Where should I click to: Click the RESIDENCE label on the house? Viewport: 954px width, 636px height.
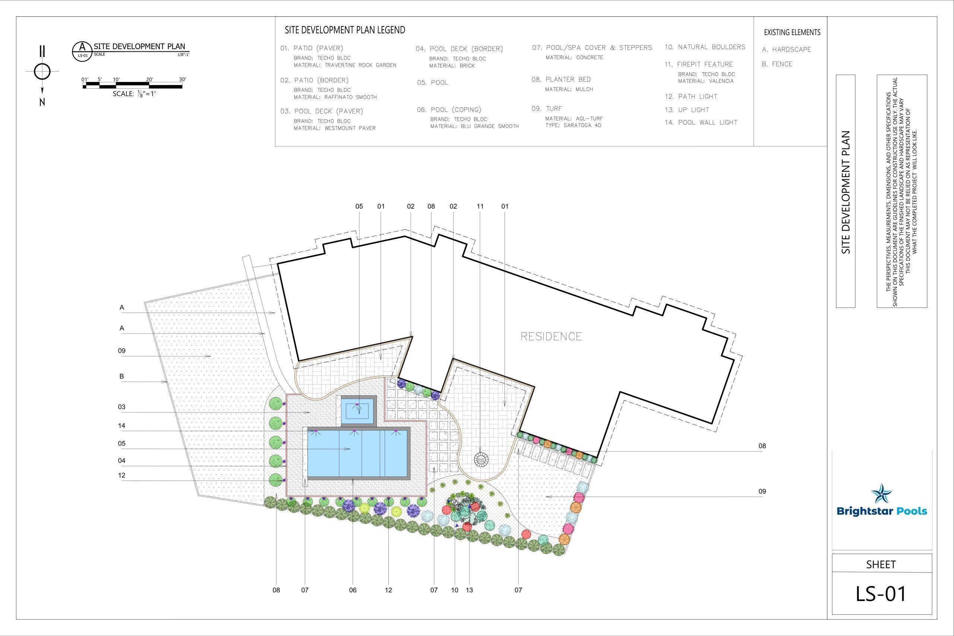[551, 336]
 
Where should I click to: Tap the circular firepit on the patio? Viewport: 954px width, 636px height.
[481, 459]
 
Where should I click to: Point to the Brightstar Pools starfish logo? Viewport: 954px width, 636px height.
[881, 493]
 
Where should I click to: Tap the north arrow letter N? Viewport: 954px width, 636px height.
[42, 102]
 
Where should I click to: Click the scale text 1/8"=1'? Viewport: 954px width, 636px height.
[134, 94]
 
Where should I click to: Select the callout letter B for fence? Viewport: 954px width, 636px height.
[122, 376]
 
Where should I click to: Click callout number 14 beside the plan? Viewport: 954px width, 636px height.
[122, 425]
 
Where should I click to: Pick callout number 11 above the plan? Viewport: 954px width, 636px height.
[480, 206]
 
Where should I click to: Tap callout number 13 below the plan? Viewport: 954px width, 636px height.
[469, 590]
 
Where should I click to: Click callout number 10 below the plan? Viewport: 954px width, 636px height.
[455, 590]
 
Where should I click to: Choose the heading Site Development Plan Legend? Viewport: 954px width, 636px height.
[345, 30]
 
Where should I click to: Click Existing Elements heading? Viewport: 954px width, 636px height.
[792, 32]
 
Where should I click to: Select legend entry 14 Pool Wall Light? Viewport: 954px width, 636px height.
[701, 123]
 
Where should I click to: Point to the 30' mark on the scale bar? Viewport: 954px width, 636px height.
[183, 79]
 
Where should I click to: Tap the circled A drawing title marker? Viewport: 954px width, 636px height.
[82, 51]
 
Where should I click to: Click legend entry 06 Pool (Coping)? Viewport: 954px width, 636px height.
[449, 110]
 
